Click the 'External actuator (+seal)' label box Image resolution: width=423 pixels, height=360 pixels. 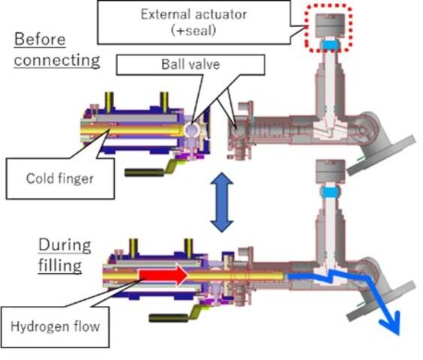pos(193,22)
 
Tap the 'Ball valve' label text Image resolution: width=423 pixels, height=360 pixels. pos(190,64)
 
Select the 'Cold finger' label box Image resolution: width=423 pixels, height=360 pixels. pos(60,178)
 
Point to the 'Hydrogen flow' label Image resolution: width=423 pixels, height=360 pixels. pos(55,326)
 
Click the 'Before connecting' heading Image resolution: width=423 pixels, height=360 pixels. pos(57,49)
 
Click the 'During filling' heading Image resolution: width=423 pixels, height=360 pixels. pos(64,255)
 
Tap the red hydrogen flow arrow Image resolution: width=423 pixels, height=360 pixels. pos(163,274)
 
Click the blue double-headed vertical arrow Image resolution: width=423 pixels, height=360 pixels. pos(222,202)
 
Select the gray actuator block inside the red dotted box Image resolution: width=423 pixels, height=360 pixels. pos(330,25)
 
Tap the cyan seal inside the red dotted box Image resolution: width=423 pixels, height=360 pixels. pos(330,44)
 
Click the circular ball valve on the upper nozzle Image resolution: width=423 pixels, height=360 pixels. pos(191,129)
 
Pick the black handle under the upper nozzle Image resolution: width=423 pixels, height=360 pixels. pos(144,172)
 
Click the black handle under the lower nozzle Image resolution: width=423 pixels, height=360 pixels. pos(168,318)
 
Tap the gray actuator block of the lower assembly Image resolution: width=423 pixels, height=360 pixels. pos(330,171)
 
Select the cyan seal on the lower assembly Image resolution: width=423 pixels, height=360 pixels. pos(330,192)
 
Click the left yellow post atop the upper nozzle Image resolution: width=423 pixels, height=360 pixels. pos(109,102)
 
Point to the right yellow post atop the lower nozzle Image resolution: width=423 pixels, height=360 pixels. pos(188,248)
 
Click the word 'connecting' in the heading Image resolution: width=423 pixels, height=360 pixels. pos(57,61)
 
